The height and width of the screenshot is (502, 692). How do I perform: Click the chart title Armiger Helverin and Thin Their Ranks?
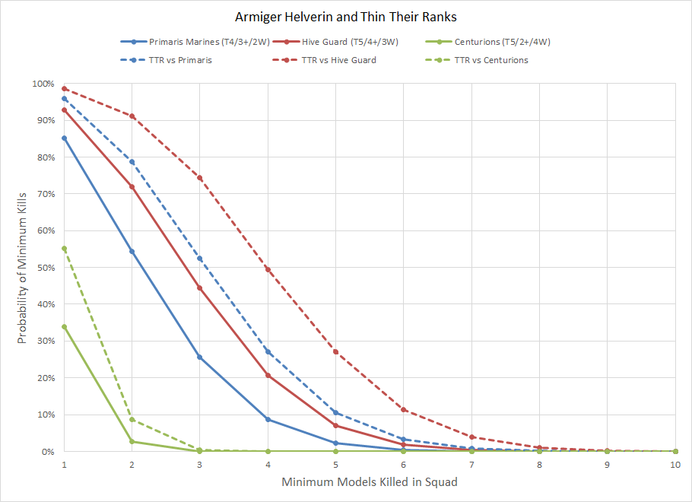point(345,16)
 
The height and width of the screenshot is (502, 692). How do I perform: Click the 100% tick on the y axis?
point(43,84)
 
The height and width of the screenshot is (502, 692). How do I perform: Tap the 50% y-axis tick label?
point(45,268)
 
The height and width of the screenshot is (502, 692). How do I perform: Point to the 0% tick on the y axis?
point(47,452)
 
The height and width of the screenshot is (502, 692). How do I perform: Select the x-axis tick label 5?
point(335,465)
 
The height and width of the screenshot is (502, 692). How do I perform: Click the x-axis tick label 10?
point(675,465)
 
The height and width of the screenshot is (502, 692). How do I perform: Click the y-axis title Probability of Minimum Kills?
point(23,268)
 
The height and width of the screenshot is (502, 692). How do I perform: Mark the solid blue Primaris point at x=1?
point(65,138)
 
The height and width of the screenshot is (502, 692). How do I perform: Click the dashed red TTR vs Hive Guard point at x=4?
point(268,269)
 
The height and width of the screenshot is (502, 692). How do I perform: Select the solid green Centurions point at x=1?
point(65,327)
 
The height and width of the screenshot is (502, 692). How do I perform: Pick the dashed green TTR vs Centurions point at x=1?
point(65,249)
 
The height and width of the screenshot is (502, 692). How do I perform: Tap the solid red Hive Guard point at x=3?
point(200,288)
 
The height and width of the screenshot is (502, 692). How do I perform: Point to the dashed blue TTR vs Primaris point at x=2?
point(132,162)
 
